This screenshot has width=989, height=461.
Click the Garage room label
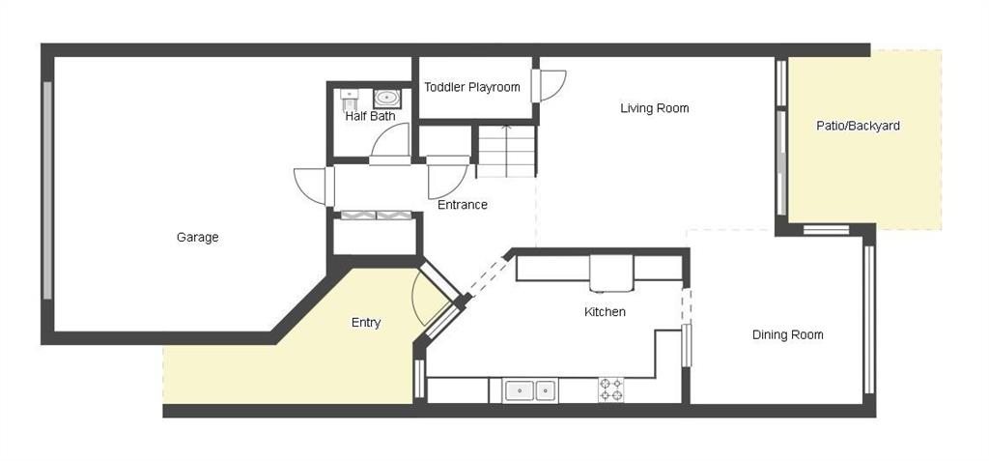pos(197,238)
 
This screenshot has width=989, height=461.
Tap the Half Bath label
pos(370,116)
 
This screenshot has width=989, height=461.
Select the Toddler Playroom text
pos(471,87)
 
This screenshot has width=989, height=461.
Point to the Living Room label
pos(654,108)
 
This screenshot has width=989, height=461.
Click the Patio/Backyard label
pos(858,126)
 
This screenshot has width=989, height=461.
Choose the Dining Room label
pos(788,334)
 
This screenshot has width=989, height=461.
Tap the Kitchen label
pos(605,312)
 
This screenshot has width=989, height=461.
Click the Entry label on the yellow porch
pos(366,324)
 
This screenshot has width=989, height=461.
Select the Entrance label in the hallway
pos(463,205)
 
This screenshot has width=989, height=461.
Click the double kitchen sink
pos(530,390)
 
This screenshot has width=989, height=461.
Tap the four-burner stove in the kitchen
pos(610,389)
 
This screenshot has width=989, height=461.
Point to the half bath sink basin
pos(386,99)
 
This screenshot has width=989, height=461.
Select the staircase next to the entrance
pos(506,152)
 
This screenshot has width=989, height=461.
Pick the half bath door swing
pos(389,143)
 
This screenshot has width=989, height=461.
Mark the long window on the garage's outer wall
pos(47,190)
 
